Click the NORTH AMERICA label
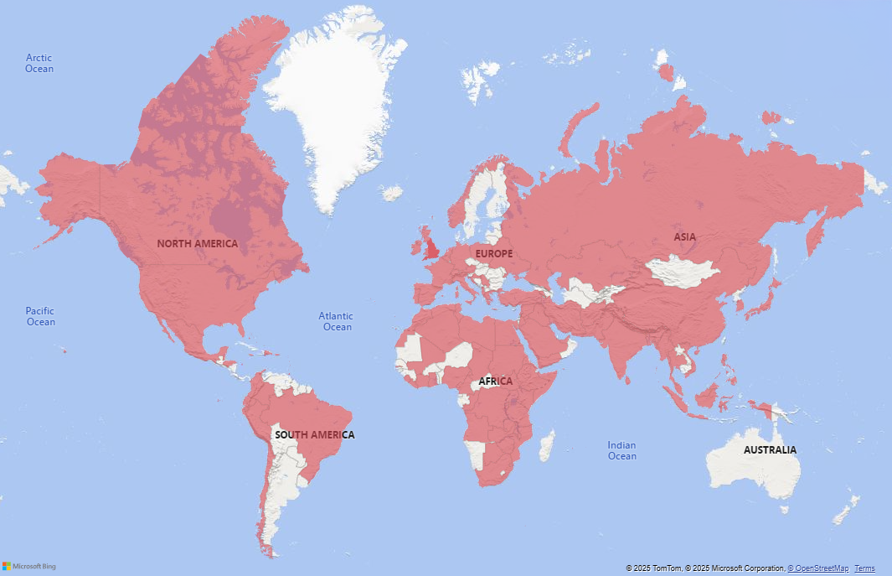pyautogui.click(x=197, y=244)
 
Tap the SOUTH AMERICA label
pyautogui.click(x=314, y=435)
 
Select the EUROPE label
pyautogui.click(x=493, y=253)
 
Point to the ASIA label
pyautogui.click(x=684, y=237)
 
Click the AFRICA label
pyautogui.click(x=495, y=381)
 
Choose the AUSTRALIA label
pyautogui.click(x=770, y=450)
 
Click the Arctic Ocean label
pyautogui.click(x=39, y=63)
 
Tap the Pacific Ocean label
pyautogui.click(x=40, y=316)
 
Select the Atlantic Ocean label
pyautogui.click(x=336, y=321)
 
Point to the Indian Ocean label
pyautogui.click(x=621, y=450)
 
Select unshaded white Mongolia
pyautogui.click(x=683, y=272)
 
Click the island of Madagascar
pyautogui.click(x=546, y=445)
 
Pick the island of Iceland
pyautogui.click(x=391, y=193)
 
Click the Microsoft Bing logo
pyautogui.click(x=28, y=566)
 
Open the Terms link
pyautogui.click(x=864, y=568)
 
